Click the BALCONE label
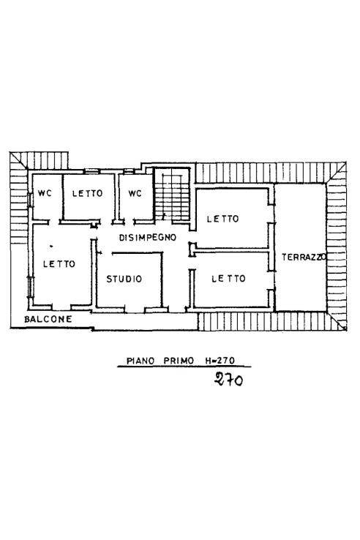[x=47, y=319]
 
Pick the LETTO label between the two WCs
[x=88, y=193]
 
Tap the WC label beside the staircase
[x=135, y=193]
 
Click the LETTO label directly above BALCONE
[x=59, y=264]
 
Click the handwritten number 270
[x=228, y=380]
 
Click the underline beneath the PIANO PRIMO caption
[x=183, y=367]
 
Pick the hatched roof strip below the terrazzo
[x=263, y=321]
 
